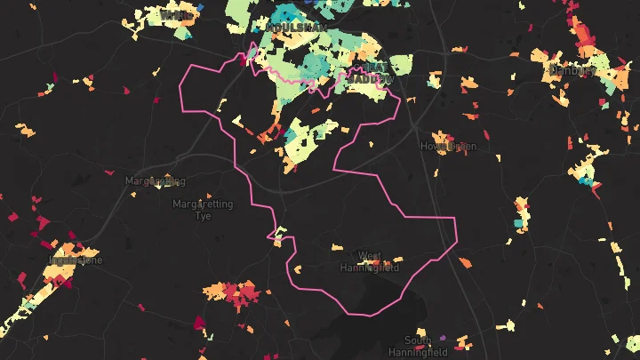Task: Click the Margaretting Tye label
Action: click(203, 210)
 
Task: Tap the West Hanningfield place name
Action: click(370, 261)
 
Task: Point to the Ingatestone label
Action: click(76, 260)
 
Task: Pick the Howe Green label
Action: click(448, 146)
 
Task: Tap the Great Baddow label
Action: click(371, 73)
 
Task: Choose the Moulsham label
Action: click(295, 28)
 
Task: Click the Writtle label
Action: click(178, 15)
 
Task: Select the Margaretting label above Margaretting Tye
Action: click(155, 180)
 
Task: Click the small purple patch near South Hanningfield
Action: click(442, 338)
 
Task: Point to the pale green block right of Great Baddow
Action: click(401, 65)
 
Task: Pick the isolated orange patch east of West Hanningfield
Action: click(465, 262)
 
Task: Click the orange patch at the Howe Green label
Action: click(461, 146)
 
